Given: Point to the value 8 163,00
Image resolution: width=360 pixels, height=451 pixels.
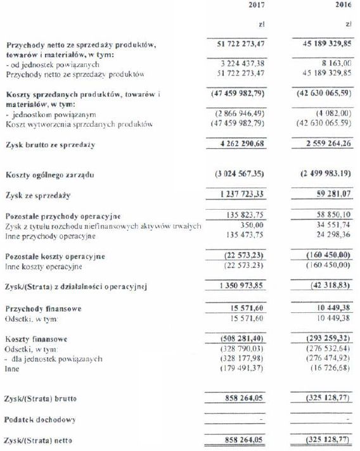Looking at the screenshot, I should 335,64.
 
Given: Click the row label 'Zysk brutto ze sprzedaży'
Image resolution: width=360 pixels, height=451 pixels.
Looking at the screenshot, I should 50,146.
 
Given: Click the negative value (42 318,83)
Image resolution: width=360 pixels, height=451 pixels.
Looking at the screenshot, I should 329,286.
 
